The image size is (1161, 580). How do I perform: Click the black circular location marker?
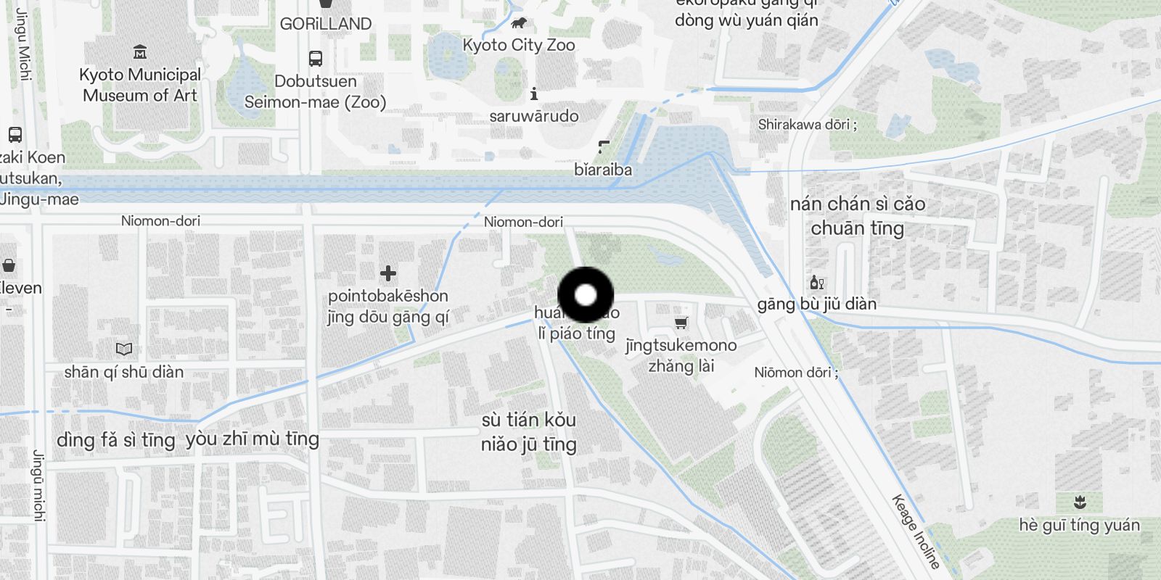[x=586, y=295]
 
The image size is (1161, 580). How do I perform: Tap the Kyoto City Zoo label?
[x=519, y=45]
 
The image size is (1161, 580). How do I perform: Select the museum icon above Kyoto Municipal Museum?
[x=140, y=51]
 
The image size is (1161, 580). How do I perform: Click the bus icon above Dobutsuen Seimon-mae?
[x=315, y=58]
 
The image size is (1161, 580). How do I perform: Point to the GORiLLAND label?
[x=326, y=24]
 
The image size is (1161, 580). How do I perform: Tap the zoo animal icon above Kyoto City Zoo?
[x=519, y=23]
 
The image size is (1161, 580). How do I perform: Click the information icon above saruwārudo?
[x=534, y=94]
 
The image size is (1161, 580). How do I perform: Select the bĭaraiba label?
[x=603, y=170]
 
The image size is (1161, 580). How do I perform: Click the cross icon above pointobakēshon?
[x=388, y=273]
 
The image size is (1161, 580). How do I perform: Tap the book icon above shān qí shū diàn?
[x=124, y=349]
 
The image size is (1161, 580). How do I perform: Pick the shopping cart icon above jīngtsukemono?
[x=681, y=323]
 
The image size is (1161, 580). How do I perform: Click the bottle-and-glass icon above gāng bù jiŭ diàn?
[x=817, y=282]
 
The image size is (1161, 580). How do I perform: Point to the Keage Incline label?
[x=916, y=531]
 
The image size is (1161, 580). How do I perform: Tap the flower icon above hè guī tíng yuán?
[x=1080, y=502]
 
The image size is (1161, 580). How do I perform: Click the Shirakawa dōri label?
[x=807, y=125]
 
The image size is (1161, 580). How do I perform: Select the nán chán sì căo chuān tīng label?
[x=858, y=216]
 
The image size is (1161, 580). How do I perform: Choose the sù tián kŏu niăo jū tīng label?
[x=529, y=432]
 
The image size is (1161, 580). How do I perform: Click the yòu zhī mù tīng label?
[x=253, y=439]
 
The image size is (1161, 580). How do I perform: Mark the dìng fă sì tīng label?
[x=116, y=440]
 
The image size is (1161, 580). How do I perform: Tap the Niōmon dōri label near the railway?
[x=796, y=373]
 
